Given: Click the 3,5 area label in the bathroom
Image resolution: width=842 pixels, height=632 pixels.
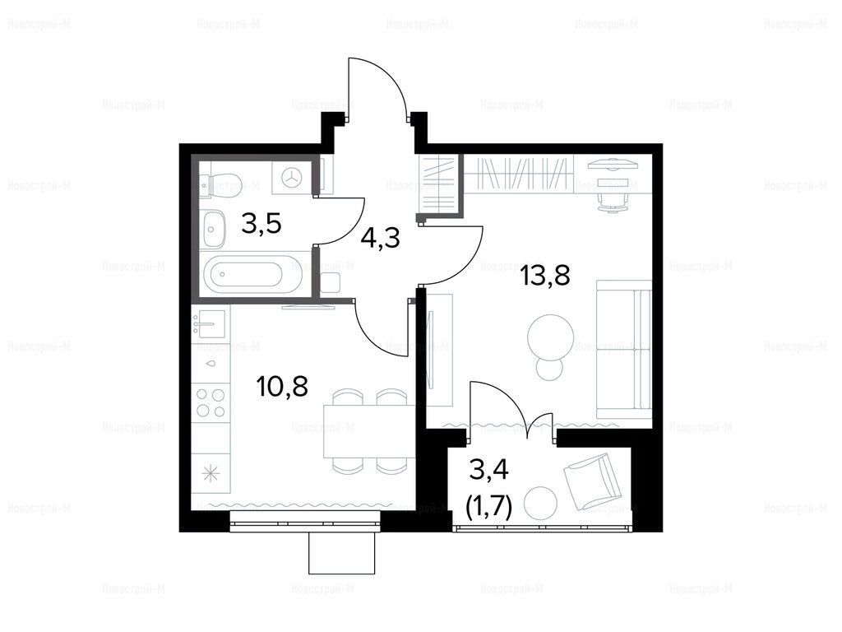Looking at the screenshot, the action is [261, 224].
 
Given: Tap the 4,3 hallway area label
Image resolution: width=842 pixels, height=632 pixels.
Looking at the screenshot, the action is [380, 238].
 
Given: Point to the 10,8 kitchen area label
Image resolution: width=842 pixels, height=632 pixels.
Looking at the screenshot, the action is [283, 386].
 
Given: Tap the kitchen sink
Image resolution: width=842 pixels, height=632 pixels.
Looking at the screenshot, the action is [210, 324].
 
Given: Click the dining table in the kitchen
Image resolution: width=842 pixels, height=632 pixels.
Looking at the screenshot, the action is [369, 431].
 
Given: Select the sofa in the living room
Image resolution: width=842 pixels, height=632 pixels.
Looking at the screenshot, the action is [625, 349].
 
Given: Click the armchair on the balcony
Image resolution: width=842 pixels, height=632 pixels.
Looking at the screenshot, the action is [592, 481].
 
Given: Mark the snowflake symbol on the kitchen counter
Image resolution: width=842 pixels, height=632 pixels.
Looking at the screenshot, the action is [210, 474].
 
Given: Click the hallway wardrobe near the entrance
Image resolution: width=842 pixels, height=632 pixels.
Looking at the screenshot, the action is [439, 184].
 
